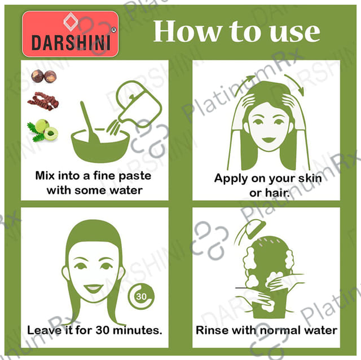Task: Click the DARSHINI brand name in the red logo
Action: [x=71, y=43]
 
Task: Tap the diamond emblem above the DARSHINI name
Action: [x=71, y=21]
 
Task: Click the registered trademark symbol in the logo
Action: [x=113, y=30]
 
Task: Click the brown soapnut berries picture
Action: [x=44, y=76]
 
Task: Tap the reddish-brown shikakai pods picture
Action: [x=43, y=101]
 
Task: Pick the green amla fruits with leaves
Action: [x=43, y=130]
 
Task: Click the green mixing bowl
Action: [x=100, y=145]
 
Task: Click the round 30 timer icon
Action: [x=141, y=297]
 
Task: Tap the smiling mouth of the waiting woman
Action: [x=93, y=288]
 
